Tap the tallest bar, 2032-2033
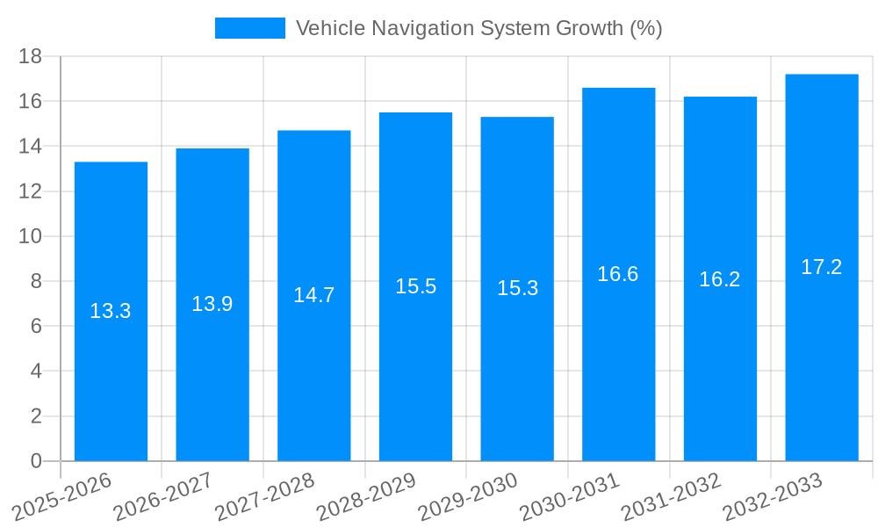point(822,351)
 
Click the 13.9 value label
point(212,304)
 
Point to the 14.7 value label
point(313,295)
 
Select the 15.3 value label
point(517,288)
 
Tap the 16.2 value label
point(720,279)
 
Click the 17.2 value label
point(822,268)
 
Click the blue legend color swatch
point(250,28)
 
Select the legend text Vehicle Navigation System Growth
point(479,28)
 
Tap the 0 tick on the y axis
point(36,461)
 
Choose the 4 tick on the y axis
point(36,372)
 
